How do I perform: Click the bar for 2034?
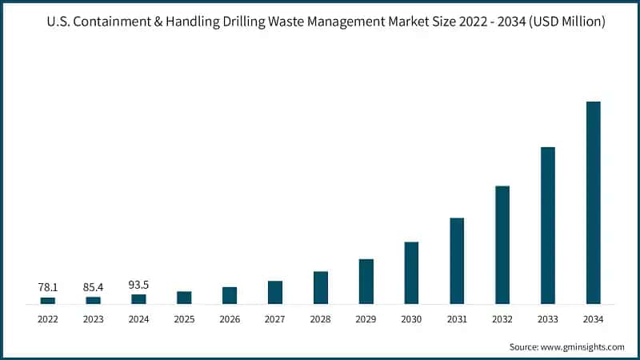pos(593,202)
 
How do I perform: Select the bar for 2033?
pos(547,226)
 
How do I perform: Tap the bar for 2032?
pos(502,245)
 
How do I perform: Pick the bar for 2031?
pos(457,261)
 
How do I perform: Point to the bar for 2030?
pos(411,273)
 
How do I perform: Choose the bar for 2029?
pos(366,282)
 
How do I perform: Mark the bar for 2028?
pos(321,288)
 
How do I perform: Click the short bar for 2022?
pos(48,301)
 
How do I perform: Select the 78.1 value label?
pos(48,286)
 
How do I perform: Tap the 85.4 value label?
pos(94,286)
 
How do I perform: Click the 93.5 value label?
pos(139,283)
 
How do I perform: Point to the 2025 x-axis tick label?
pos(184,318)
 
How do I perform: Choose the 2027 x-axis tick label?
pos(275,318)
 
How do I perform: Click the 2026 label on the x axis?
pos(230,318)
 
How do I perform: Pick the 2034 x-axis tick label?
pos(593,318)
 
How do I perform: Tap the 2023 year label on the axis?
pos(94,318)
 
